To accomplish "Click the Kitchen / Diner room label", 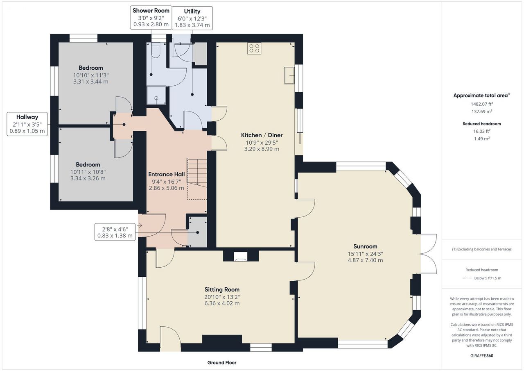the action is click(262, 135).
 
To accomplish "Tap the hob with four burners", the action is click(254, 48).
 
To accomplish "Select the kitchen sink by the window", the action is click(289, 75).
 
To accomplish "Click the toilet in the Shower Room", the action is click(155, 50).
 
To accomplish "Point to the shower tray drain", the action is click(156, 98).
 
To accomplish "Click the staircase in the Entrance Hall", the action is click(197, 179).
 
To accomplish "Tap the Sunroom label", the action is click(365, 246).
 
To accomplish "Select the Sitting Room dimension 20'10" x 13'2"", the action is click(222, 297).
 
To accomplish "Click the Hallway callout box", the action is click(27, 124).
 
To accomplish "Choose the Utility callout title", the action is click(192, 11).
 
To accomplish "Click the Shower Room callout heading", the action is click(151, 11).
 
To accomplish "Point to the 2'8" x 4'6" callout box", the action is click(115, 232).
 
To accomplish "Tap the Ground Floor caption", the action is click(222, 362).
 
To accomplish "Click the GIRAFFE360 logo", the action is click(482, 355).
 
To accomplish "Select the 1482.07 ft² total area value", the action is click(482, 104).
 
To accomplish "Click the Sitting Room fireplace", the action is click(241, 256).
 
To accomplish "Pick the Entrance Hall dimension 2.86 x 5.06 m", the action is click(166, 188).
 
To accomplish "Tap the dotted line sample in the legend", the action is click(467, 278).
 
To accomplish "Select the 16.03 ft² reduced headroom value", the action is click(482, 131).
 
